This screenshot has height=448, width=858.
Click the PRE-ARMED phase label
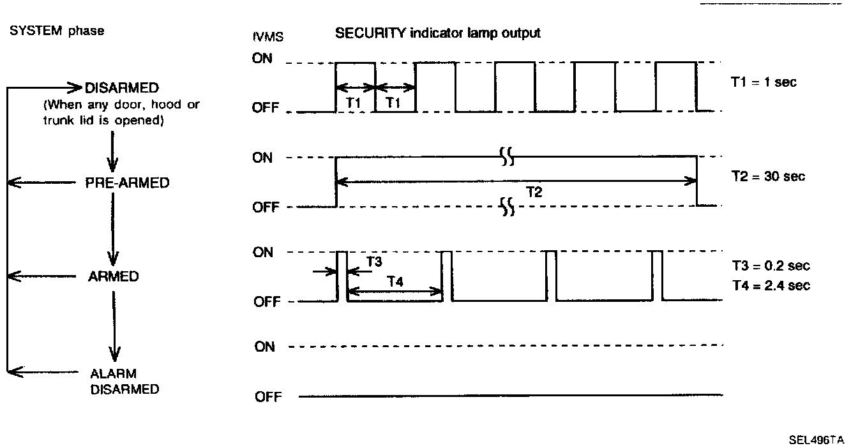point(128,183)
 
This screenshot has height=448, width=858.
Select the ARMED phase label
point(113,277)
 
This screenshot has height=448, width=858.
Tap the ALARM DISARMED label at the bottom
point(124,381)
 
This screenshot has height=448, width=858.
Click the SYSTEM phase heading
point(56,31)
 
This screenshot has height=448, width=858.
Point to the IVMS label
point(268,36)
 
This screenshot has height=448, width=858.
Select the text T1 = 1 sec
point(764,82)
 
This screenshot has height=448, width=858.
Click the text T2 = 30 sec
point(768,176)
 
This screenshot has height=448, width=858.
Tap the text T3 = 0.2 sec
point(771,266)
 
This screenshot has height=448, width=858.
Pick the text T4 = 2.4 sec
point(771,285)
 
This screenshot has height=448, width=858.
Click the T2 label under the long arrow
point(534,193)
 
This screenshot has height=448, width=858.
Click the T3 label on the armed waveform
point(375,261)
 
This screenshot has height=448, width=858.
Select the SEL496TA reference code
point(816,440)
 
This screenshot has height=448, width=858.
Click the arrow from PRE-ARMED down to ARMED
point(114,230)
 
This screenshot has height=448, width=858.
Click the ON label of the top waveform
point(262,59)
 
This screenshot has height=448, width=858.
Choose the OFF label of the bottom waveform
point(267,397)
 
